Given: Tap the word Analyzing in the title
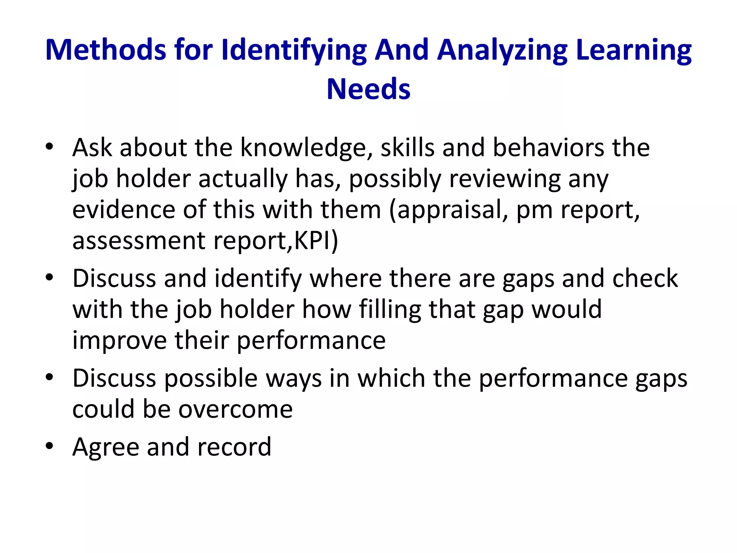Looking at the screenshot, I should click(502, 50).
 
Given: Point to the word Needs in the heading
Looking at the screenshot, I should click(368, 89).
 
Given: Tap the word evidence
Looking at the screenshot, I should click(123, 210).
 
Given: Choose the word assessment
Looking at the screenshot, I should click(139, 240).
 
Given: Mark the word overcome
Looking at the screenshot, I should click(236, 409).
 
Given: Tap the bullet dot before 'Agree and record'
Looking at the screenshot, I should click(49, 446).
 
